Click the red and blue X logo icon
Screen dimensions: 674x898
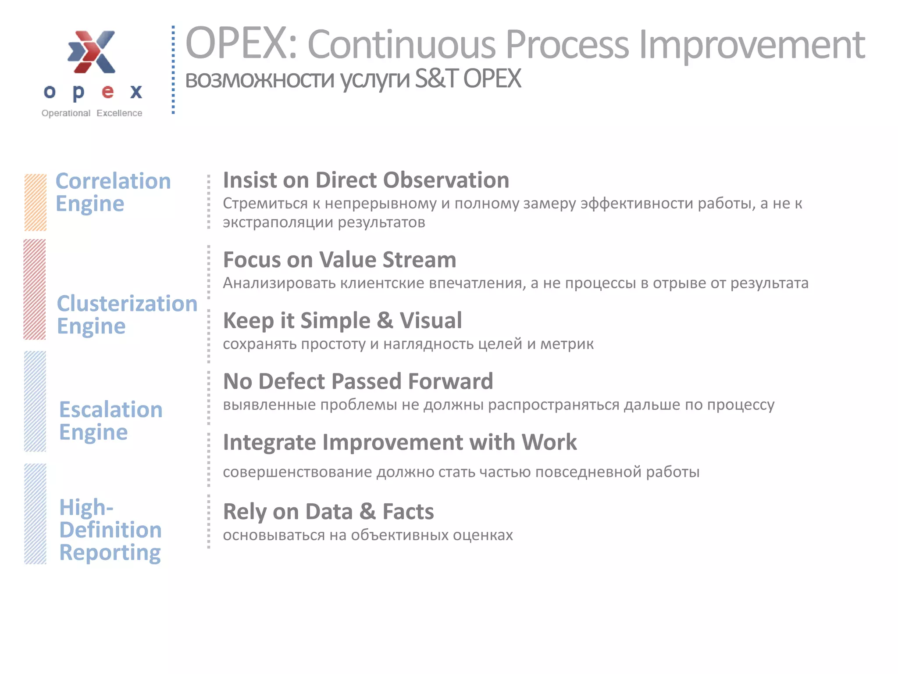pyautogui.click(x=92, y=52)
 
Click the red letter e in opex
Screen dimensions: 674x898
pyautogui.click(x=107, y=92)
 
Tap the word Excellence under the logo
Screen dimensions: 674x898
pyautogui.click(x=119, y=113)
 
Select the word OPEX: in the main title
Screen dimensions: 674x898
pyautogui.click(x=242, y=44)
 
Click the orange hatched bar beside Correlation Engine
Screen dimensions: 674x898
pyautogui.click(x=35, y=202)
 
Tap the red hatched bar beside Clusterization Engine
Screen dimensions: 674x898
pyautogui.click(x=35, y=290)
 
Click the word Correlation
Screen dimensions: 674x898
pyautogui.click(x=113, y=181)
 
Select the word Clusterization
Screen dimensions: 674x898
pyautogui.click(x=127, y=304)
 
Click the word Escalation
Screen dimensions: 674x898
pyautogui.click(x=111, y=410)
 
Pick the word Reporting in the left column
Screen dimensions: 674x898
pyautogui.click(x=110, y=553)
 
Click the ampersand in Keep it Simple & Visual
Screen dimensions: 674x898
pyautogui.click(x=385, y=320)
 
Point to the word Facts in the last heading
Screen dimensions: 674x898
pyautogui.click(x=408, y=512)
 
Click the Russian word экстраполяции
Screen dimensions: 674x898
pyautogui.click(x=278, y=222)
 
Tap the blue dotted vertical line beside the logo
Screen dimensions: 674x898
pyautogui.click(x=173, y=70)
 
